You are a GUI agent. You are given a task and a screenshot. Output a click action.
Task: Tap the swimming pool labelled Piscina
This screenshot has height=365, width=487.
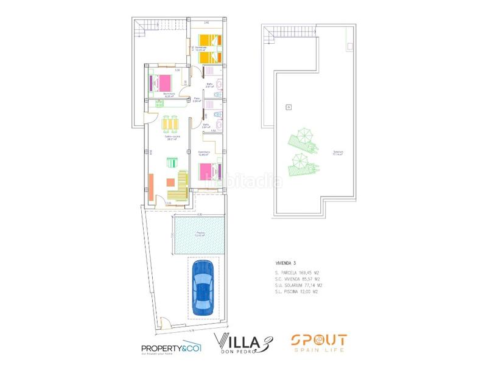(x=200, y=236)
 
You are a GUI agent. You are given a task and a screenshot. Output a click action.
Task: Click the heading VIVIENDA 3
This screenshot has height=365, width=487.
(x=286, y=263)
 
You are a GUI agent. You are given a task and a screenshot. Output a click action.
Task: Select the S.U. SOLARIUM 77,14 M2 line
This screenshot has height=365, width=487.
(x=298, y=285)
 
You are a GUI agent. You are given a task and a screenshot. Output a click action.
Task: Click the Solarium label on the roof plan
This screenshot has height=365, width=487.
(x=337, y=153)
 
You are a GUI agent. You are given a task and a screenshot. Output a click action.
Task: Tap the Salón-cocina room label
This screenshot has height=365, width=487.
(x=172, y=137)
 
